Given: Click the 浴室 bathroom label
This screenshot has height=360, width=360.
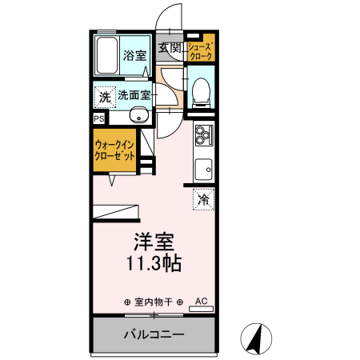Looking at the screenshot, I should [x=135, y=56].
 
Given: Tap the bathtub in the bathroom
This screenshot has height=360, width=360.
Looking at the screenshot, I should [x=106, y=54].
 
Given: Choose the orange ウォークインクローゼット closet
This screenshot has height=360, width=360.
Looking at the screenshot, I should [x=114, y=150].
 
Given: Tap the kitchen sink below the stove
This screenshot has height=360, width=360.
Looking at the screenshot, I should [x=203, y=169].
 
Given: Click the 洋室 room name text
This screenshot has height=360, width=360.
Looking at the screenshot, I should [x=154, y=241].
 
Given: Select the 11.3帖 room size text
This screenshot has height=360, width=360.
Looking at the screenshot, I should [x=154, y=262].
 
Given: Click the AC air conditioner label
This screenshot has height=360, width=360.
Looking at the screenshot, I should [x=202, y=302].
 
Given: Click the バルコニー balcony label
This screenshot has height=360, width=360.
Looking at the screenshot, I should [x=154, y=334].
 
